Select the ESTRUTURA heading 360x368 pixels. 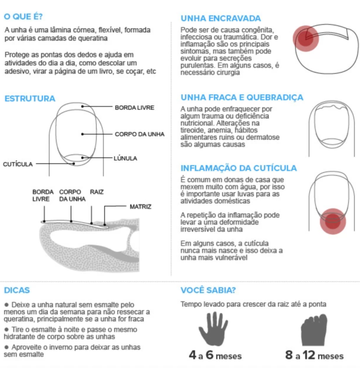(x=30, y=99)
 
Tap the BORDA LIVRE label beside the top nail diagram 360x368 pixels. (x=134, y=107)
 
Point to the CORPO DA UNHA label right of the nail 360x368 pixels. (x=140, y=134)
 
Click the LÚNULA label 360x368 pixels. (x=125, y=158)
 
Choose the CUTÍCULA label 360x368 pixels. (x=18, y=164)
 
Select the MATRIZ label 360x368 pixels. (x=141, y=206)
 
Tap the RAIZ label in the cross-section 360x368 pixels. (x=97, y=192)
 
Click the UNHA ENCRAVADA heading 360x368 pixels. (x=220, y=18)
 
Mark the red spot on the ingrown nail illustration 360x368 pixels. (x=306, y=39)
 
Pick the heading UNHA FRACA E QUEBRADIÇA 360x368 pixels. (x=242, y=98)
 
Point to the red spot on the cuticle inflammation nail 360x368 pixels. (x=332, y=221)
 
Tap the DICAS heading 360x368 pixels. (x=16, y=290)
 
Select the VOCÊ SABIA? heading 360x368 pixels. (x=208, y=290)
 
